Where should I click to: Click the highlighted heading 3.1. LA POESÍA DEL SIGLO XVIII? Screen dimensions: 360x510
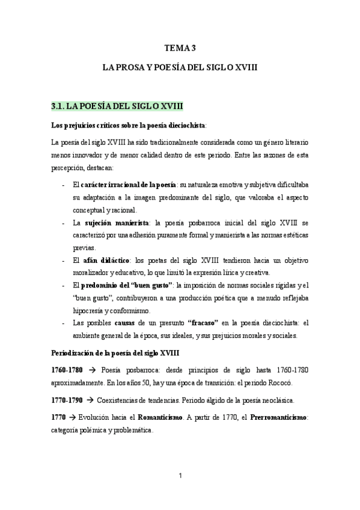(x=117, y=106)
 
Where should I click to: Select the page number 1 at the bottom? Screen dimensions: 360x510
(x=180, y=476)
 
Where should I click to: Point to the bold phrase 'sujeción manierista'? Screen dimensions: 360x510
(x=116, y=222)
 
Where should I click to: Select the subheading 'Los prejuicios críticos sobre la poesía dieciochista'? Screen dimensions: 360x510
(x=128, y=125)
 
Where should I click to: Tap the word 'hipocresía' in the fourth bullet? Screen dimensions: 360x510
(x=89, y=310)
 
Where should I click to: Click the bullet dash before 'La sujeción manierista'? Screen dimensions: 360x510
(x=64, y=223)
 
